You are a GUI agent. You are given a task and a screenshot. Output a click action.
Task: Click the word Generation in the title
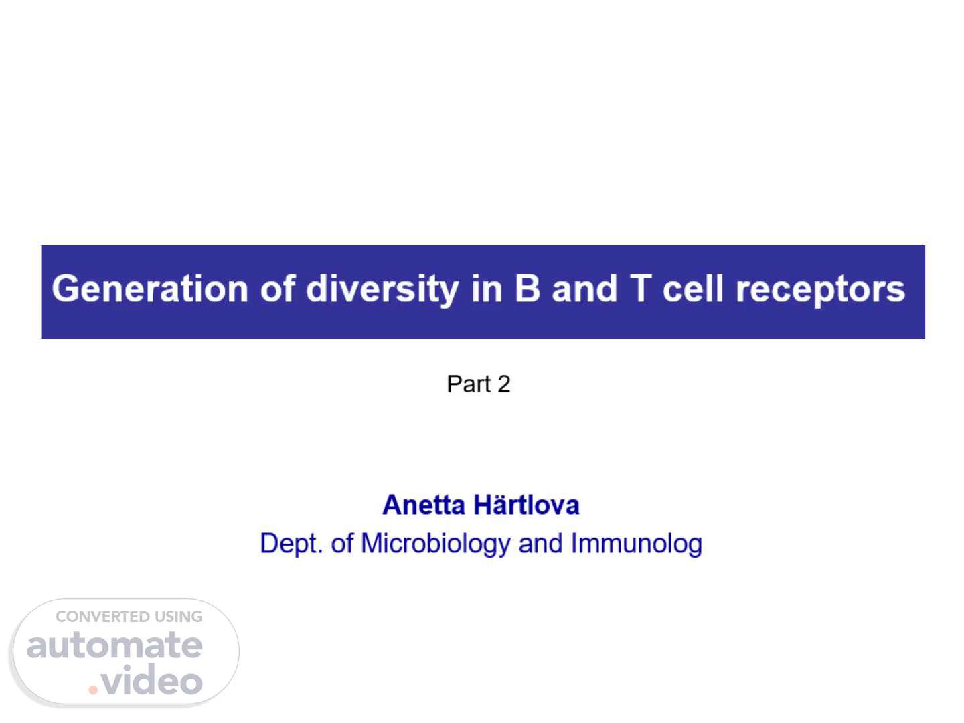click(150, 289)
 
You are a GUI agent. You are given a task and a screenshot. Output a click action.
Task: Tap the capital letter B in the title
click(528, 289)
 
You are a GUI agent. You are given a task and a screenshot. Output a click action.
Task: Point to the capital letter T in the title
click(641, 289)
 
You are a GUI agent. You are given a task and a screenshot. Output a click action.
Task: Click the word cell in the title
click(693, 289)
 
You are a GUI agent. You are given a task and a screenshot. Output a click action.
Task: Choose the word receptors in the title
click(820, 291)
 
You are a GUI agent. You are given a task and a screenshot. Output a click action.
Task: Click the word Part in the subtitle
click(469, 384)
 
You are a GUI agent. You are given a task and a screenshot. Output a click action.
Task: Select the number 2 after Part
click(503, 384)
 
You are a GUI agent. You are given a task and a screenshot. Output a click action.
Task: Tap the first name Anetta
click(424, 505)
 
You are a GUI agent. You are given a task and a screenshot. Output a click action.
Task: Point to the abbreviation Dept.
click(291, 544)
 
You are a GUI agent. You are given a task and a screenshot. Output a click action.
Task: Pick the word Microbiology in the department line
click(436, 544)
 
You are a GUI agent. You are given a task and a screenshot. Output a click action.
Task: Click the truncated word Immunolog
click(637, 544)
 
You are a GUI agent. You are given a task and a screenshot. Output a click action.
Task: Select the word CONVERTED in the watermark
click(102, 617)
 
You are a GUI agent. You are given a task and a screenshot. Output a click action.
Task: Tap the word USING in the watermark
click(178, 617)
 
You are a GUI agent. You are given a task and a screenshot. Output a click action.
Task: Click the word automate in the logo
click(114, 645)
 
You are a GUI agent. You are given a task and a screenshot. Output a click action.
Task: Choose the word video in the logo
click(151, 679)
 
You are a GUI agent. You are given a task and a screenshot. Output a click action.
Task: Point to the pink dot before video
click(93, 690)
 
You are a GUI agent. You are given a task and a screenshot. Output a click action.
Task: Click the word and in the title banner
click(584, 289)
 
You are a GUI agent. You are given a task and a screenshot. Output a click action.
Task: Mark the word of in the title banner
click(277, 289)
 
